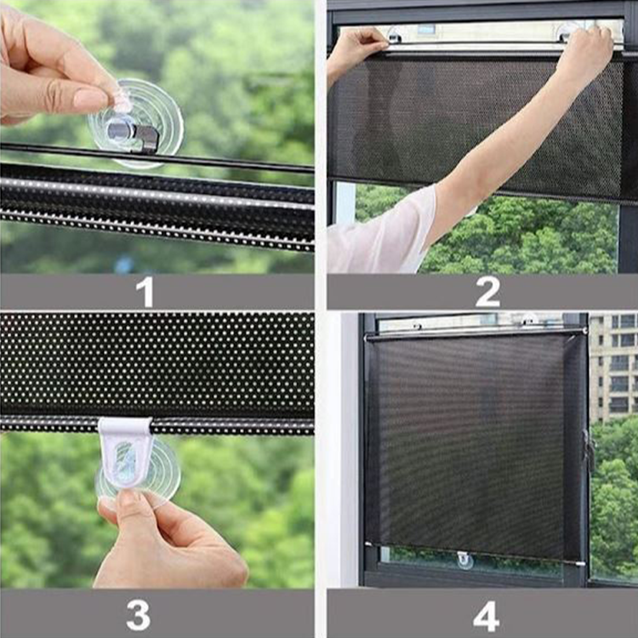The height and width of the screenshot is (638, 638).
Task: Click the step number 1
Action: [145, 291]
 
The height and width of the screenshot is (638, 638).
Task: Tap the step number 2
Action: [487, 291]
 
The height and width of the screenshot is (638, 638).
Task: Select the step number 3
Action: [139, 615]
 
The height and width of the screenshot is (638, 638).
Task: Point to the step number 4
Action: [487, 616]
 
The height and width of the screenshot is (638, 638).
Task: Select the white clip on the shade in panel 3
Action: [125, 451]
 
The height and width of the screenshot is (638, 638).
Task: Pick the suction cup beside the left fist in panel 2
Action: [394, 34]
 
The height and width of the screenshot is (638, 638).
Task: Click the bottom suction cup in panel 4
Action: [464, 560]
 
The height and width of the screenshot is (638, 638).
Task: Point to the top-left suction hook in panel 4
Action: [417, 326]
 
